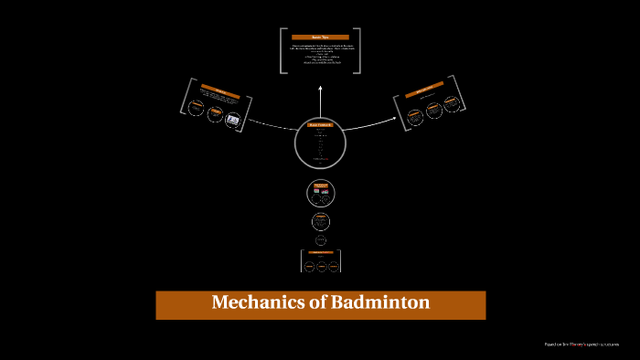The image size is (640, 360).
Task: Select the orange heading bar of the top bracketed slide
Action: click(320, 37)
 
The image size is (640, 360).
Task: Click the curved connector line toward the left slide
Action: click(270, 121)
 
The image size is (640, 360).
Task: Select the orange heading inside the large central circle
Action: click(320, 125)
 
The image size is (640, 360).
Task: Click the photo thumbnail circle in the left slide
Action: click(232, 119)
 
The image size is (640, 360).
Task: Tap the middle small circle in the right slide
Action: click(433, 110)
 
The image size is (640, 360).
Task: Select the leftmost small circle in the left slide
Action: click(195, 108)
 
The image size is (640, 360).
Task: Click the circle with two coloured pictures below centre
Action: click(320, 193)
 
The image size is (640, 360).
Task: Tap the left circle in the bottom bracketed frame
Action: click(309, 266)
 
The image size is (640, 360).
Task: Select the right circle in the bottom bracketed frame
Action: click(333, 266)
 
